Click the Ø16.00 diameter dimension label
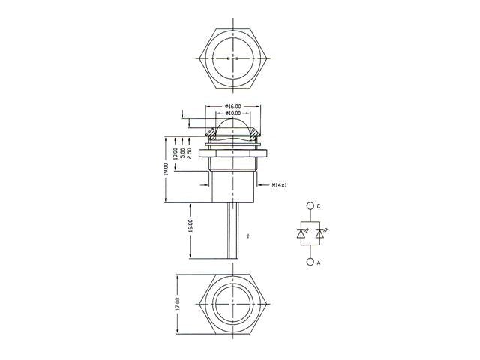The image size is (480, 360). pos(232,106)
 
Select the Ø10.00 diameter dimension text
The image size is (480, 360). pos(232,113)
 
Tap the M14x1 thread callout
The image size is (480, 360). pos(280,185)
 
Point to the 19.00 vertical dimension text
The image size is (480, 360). pos(166,169)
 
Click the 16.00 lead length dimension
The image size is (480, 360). pos(190,226)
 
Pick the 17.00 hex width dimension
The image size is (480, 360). pos(178,304)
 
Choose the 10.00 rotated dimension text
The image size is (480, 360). pos(175,154)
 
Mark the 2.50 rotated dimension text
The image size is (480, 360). pos(189,154)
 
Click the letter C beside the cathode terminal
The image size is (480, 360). pos(318,207)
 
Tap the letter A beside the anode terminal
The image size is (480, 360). pos(319,262)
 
